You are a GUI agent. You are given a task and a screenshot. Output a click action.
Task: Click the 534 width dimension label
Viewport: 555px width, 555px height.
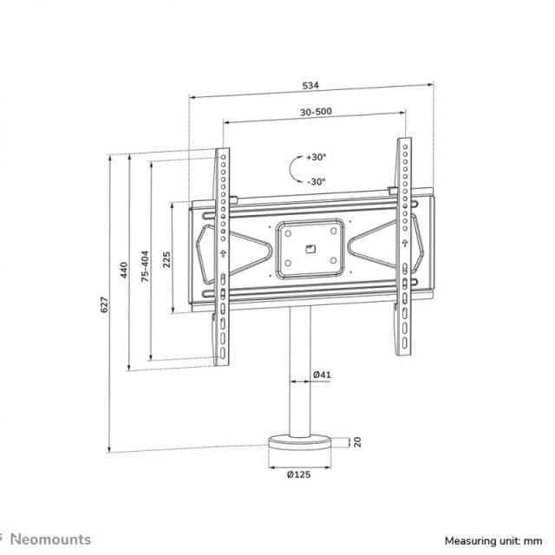(310, 86)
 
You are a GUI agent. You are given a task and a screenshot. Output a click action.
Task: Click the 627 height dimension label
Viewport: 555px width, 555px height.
(103, 305)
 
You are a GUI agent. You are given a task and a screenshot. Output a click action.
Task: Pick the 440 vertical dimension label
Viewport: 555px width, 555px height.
(124, 269)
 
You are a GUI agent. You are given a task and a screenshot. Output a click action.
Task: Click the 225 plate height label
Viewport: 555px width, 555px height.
(167, 258)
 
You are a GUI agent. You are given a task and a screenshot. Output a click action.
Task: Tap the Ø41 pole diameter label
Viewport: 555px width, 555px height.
(322, 375)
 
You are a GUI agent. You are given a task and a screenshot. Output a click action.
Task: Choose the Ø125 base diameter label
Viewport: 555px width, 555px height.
(299, 474)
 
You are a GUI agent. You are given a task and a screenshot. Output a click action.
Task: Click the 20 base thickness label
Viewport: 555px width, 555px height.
(356, 442)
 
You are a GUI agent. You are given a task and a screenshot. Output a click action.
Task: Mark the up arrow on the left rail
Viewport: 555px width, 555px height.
(223, 253)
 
